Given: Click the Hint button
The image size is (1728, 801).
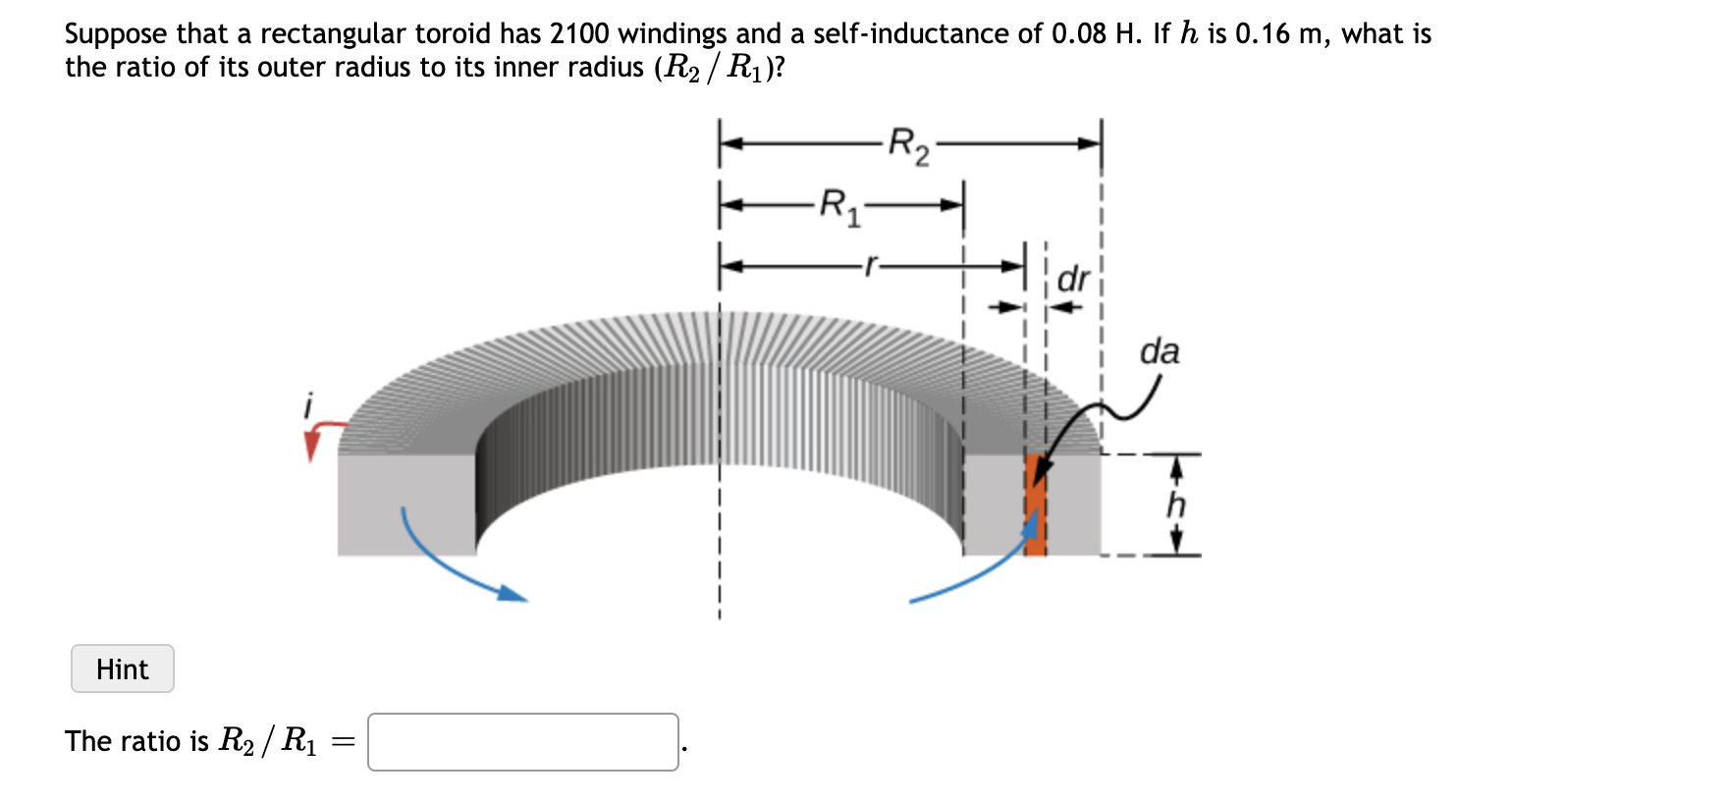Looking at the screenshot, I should (123, 668).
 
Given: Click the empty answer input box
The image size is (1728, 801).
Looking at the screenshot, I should (522, 742).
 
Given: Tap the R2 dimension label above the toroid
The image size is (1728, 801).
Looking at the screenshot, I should (908, 146).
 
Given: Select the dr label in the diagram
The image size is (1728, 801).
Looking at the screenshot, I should (1073, 280).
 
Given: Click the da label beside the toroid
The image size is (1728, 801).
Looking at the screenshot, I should (1160, 351).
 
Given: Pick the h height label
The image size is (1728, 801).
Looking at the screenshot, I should (1176, 505).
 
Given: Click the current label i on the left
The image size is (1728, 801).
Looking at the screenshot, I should (309, 404).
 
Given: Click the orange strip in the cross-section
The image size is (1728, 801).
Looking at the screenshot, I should (1035, 506).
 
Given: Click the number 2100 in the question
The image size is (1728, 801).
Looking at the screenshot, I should (579, 33).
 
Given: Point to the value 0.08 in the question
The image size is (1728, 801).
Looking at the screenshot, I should (1079, 33).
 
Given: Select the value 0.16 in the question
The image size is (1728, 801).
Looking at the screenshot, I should (1263, 33).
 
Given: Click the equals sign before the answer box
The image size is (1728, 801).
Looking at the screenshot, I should (343, 742).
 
